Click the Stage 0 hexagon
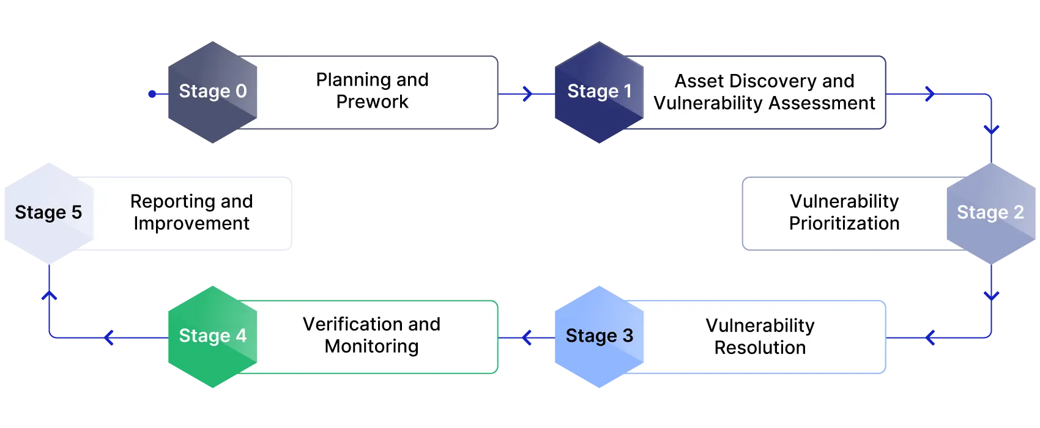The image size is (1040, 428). pos(212,92)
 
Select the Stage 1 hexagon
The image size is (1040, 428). pos(598,92)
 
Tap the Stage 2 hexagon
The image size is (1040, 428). pos(991,213)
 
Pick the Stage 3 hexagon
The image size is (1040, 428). pos(598,336)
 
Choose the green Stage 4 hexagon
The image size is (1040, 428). pos(212,336)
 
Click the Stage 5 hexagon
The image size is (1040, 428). pos(48,213)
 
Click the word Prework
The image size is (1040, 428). pos(372,102)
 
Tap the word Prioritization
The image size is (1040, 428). pos(844,224)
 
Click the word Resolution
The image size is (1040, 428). pos(760,348)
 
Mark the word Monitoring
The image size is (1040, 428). pos(371,347)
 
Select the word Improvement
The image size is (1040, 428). pos(191,224)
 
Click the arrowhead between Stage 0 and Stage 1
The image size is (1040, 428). pos(526,94)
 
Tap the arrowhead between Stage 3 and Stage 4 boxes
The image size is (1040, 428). pos(526,337)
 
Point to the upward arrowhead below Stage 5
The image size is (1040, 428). pos(49,296)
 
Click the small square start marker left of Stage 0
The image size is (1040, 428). pos(152,94)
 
